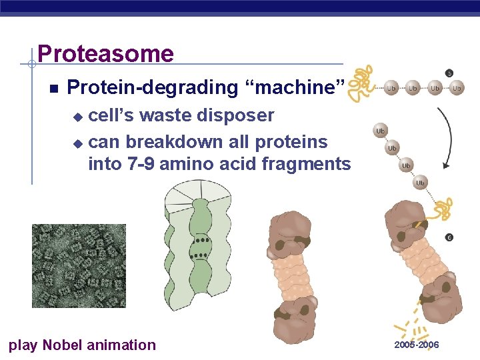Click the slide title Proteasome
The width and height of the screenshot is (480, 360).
105,53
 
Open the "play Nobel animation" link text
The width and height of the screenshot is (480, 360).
81,345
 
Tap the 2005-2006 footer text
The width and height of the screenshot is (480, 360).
417,345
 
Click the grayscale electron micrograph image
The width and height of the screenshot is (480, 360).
79,265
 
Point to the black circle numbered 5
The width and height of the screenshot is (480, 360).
449,73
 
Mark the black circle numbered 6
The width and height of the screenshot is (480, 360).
449,237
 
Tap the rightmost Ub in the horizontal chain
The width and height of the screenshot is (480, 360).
457,88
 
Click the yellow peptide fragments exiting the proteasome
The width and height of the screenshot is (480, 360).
413,323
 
